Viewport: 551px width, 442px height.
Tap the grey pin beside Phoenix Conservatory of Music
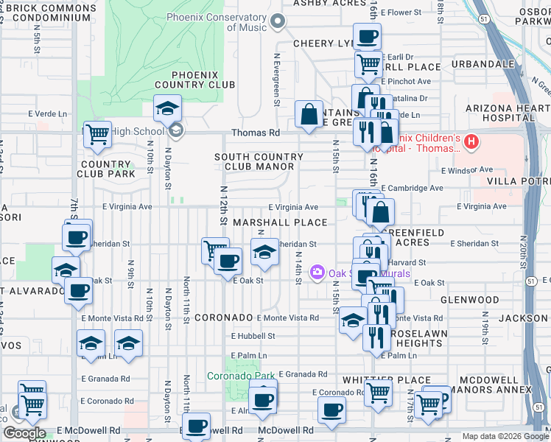[x=278, y=22]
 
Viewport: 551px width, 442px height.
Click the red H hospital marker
[x=472, y=140]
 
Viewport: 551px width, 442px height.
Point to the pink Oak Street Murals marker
[x=317, y=273]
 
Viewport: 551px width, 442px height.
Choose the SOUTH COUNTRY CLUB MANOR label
[x=259, y=162]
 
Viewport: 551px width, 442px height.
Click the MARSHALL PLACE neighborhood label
[x=280, y=222]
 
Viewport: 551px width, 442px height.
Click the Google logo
[x=24, y=433]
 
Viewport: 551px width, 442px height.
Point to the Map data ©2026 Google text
[x=505, y=436]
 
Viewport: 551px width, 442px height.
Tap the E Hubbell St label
[x=253, y=336]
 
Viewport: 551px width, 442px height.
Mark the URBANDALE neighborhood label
[x=482, y=64]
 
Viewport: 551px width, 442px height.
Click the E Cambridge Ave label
[x=412, y=189]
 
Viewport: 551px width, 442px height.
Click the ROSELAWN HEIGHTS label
[x=418, y=338]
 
